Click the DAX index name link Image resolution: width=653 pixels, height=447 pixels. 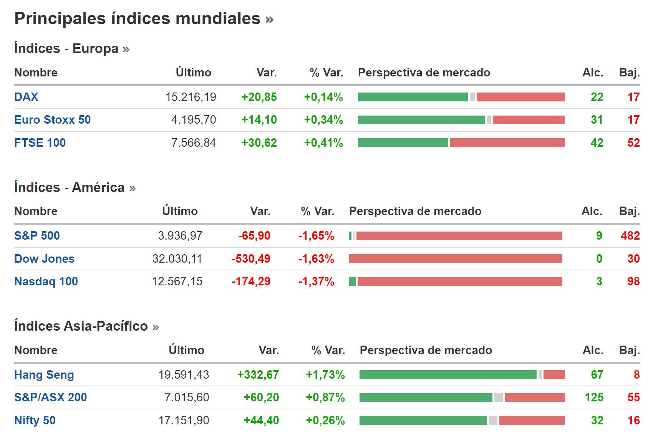coord(26,97)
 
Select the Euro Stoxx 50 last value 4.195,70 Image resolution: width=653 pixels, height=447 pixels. coord(193,120)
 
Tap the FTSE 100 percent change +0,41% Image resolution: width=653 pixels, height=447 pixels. coord(323,143)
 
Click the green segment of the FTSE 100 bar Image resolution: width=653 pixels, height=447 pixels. coord(403,143)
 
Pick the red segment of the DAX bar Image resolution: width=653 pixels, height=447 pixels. coord(520,97)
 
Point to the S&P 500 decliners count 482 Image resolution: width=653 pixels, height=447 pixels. coord(630,235)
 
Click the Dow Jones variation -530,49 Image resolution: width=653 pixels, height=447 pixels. coord(251,259)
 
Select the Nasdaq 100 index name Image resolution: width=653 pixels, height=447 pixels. coord(46,281)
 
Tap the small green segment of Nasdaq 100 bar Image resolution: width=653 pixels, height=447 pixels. coord(352,281)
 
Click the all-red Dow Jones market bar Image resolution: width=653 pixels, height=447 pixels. coord(455,259)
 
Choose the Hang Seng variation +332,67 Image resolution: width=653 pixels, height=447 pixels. coord(258,374)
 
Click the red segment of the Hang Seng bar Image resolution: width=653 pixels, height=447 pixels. coord(554,374)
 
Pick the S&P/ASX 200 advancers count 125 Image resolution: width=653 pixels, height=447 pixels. coord(594,397)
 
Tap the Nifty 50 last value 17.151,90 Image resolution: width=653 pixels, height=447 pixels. coord(184,420)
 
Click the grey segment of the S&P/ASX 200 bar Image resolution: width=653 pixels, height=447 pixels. coord(498,397)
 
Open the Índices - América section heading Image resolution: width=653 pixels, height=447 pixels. coord(69,187)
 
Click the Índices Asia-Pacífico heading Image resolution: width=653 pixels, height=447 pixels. coord(81,326)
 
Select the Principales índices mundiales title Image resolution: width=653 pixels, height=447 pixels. coord(137,18)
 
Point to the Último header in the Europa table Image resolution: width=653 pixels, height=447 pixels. coord(193,73)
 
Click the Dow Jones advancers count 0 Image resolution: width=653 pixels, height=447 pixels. coord(599,259)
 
